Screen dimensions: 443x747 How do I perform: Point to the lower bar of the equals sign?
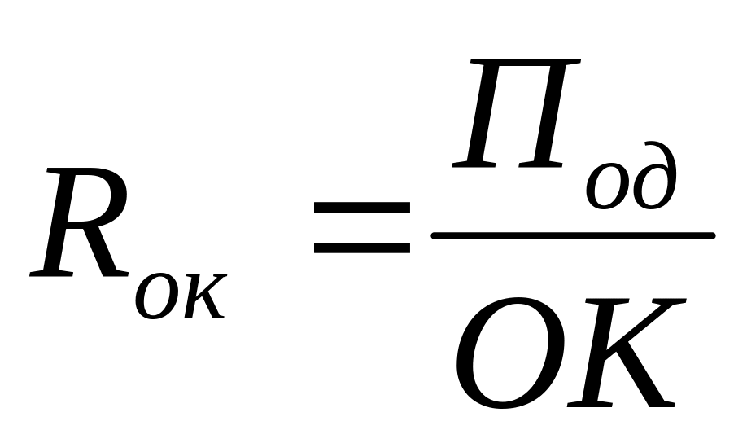point(361,246)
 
